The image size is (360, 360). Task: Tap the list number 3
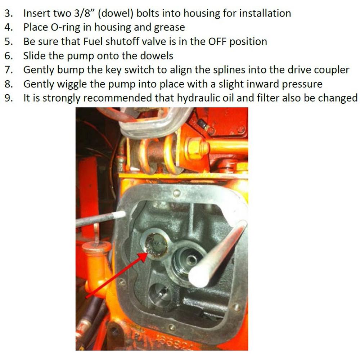click(8, 14)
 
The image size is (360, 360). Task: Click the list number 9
click(8, 98)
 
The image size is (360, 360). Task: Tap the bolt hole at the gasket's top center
click(176, 193)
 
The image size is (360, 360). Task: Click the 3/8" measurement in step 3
click(85, 14)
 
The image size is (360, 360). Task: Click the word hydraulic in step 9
click(202, 98)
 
